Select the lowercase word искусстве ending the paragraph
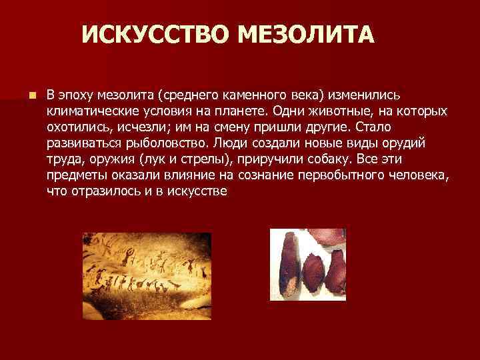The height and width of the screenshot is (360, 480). pos(198,191)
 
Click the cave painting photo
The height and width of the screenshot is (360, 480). pos(147,276)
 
